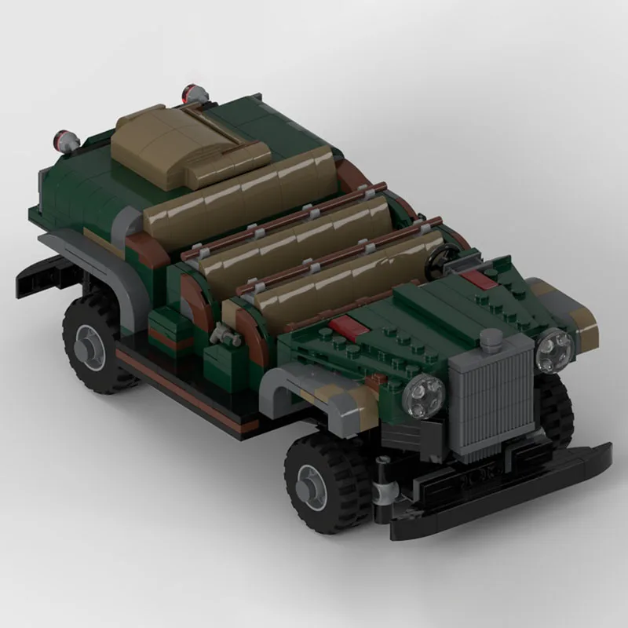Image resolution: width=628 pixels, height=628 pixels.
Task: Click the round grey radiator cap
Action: tap(492, 341)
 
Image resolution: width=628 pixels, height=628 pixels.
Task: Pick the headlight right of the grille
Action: tap(554, 350)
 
